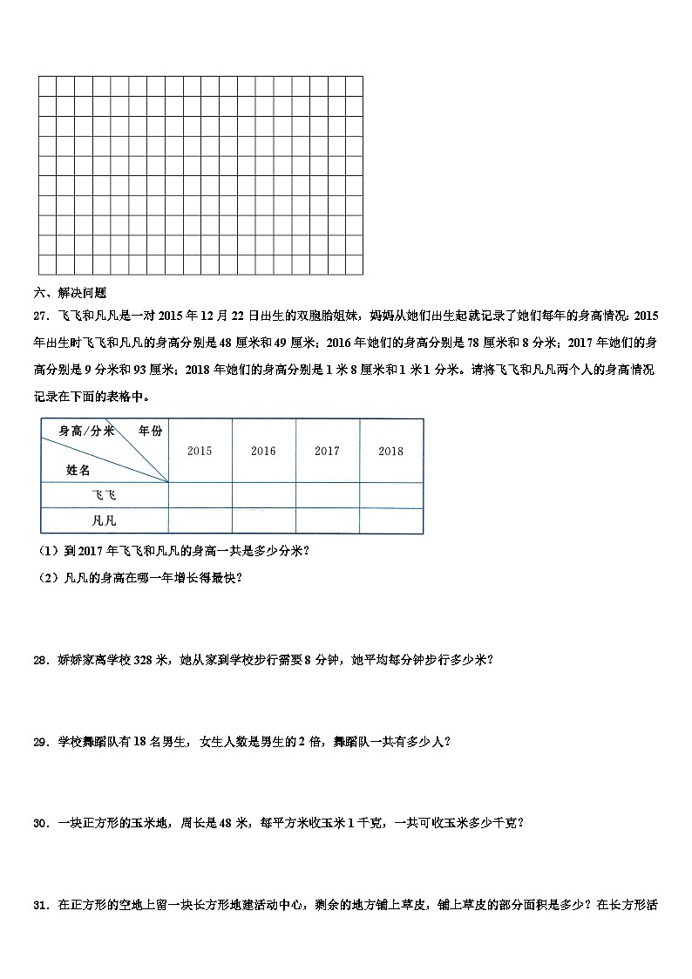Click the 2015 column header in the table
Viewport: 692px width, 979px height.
click(x=200, y=451)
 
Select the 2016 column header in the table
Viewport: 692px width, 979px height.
click(x=263, y=451)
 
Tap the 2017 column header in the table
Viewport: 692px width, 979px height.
click(x=327, y=451)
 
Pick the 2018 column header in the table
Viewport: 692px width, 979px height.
click(x=391, y=451)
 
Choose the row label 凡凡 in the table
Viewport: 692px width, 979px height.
click(x=104, y=520)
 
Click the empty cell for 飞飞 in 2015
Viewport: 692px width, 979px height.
click(x=200, y=494)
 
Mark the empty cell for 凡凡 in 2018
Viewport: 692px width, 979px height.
click(x=391, y=520)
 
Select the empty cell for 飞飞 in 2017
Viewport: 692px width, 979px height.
click(x=327, y=494)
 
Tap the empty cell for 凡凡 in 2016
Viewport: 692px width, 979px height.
click(x=263, y=520)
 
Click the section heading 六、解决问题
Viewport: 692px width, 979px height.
click(x=70, y=293)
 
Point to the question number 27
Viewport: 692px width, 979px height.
click(x=40, y=316)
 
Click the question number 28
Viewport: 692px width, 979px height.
click(x=40, y=660)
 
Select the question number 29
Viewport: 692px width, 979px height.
click(x=40, y=742)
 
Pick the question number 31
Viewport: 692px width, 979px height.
click(x=40, y=904)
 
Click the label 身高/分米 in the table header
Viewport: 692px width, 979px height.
click(x=86, y=431)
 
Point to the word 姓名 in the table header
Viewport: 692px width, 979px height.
click(x=78, y=469)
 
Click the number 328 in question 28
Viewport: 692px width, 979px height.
click(x=145, y=660)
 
